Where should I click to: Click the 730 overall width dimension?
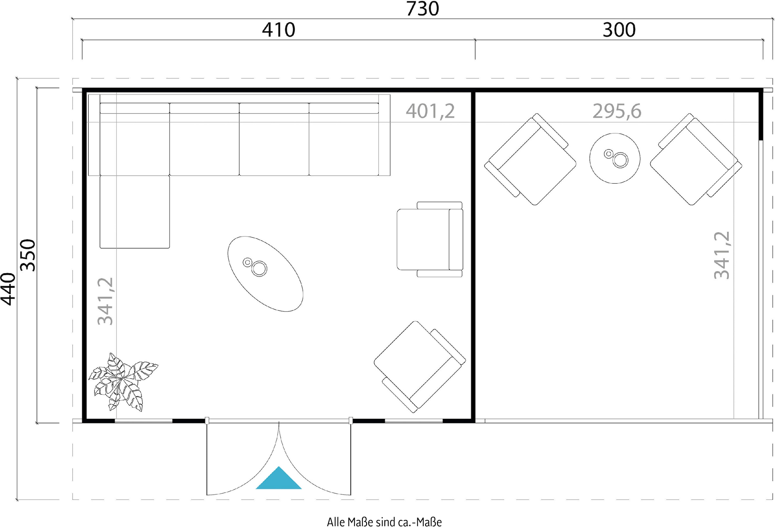tap(422, 9)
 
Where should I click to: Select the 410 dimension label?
tap(278, 30)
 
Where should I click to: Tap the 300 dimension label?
tap(619, 30)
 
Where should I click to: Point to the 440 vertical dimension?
tap(8, 289)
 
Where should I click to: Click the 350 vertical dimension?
tap(28, 255)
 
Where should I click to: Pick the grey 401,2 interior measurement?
tap(430, 111)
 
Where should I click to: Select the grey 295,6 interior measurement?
tap(617, 111)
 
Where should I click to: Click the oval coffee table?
tap(265, 274)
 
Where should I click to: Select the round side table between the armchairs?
tap(615, 158)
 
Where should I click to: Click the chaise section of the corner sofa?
tap(135, 212)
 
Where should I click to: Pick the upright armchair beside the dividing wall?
tap(430, 239)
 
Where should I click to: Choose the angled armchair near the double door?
tap(419, 367)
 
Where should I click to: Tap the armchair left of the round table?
tap(530, 159)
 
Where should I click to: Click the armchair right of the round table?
tap(696, 159)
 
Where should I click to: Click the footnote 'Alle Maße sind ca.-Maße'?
tap(384, 522)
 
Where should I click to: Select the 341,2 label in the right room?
tap(722, 255)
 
